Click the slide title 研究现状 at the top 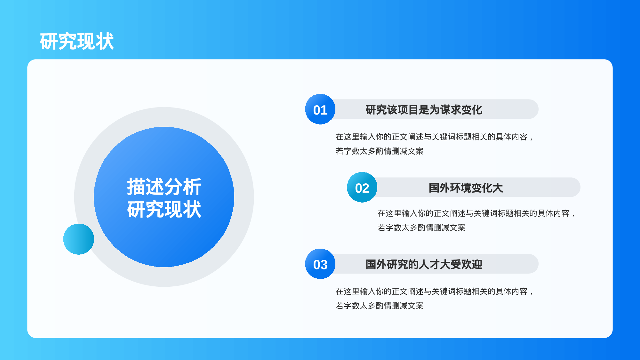pos(77,41)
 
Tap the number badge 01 pos(320,109)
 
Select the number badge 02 pos(362,188)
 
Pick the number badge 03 pos(320,264)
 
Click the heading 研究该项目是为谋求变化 pos(424,110)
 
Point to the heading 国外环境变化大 pos(466,188)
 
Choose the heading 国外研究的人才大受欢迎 pos(424,264)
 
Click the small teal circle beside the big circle pos(78,239)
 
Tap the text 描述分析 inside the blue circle pos(164,187)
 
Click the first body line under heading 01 pos(434,137)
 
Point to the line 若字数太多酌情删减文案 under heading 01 pos(379,151)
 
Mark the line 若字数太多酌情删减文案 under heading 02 pos(421,228)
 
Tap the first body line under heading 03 pos(434,292)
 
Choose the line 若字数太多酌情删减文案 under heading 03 pos(379,306)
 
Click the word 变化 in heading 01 pos(472,110)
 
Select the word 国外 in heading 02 pos(439,188)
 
